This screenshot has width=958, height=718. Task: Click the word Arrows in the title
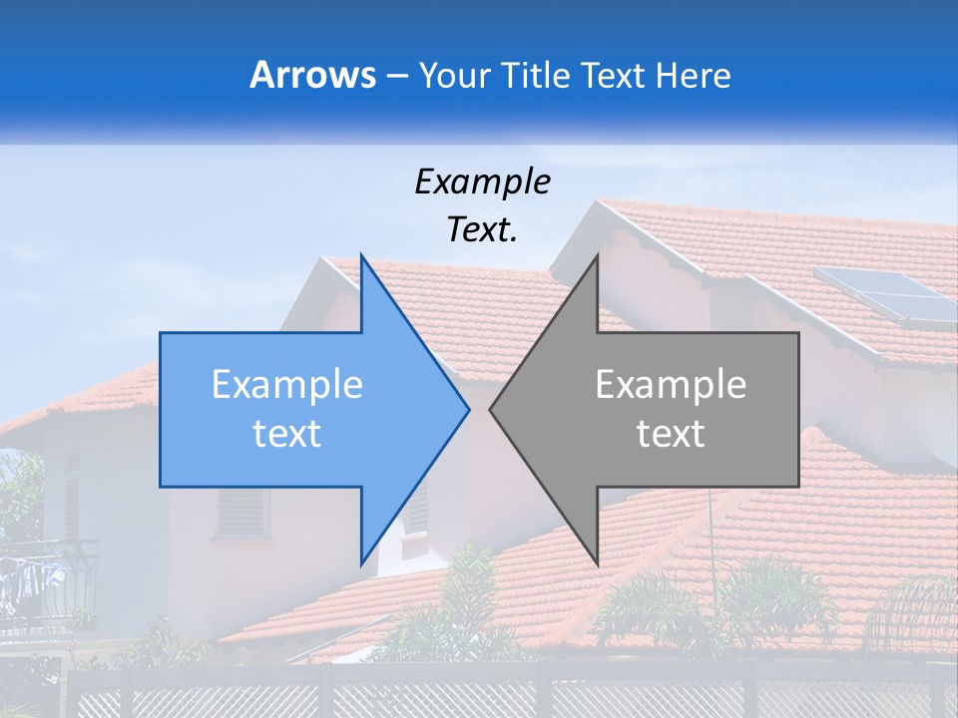[x=313, y=75]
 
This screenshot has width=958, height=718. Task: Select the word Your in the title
[x=454, y=75]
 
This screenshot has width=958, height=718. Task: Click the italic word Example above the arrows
[x=482, y=181]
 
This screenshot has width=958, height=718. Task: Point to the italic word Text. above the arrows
[x=482, y=229]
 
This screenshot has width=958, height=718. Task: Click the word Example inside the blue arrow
[x=287, y=385]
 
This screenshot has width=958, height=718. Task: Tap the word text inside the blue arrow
[x=287, y=434]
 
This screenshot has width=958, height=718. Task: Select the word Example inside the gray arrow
[x=671, y=385]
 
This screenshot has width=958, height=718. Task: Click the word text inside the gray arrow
[x=671, y=434]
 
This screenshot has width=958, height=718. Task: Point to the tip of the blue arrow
[x=468, y=409]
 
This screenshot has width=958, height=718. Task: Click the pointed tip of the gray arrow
[x=491, y=409]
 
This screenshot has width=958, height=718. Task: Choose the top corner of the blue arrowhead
[x=361, y=255]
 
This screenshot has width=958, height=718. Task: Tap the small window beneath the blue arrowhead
[x=415, y=509]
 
